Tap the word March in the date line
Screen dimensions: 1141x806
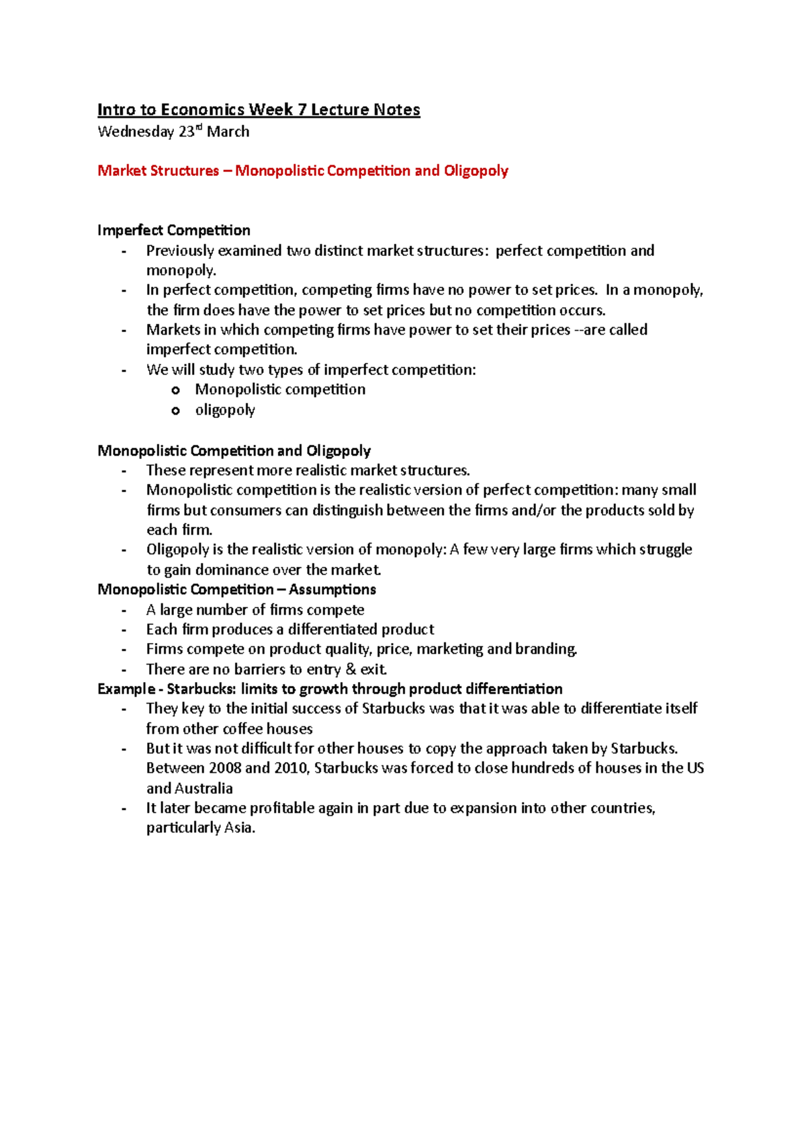pos(228,132)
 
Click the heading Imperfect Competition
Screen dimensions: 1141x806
pos(174,230)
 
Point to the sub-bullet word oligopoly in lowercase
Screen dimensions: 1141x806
pos(225,410)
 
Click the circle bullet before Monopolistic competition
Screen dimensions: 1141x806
pos(176,390)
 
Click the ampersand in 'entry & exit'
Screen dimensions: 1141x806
pos(351,669)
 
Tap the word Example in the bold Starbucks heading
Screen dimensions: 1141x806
pos(126,689)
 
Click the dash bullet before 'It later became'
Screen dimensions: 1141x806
pos(124,808)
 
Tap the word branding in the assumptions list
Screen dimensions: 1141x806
pos(545,649)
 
